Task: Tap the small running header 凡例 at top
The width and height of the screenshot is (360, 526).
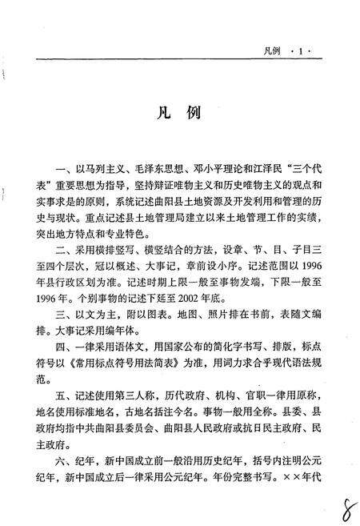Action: coord(274,50)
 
